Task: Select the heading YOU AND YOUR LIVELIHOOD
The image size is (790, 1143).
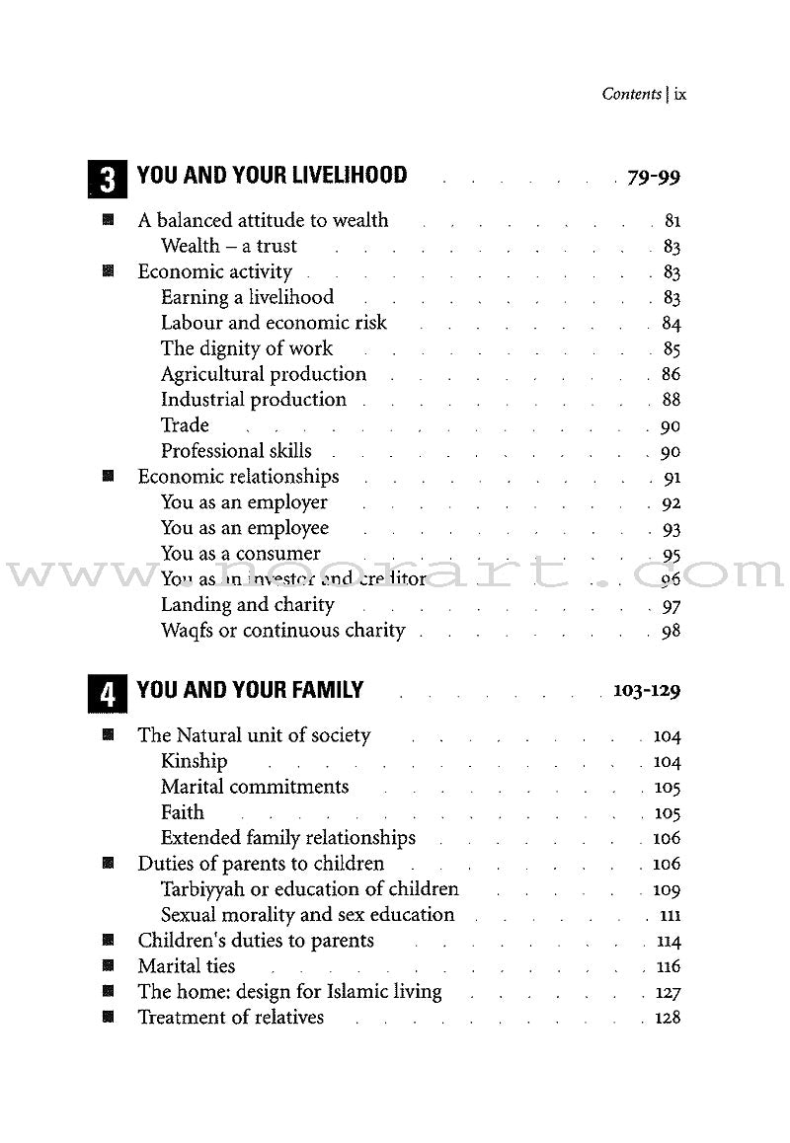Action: [272, 176]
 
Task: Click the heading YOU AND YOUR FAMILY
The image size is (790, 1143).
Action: [250, 690]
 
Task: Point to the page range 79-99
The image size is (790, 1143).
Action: [654, 178]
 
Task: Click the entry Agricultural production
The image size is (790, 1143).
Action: [264, 374]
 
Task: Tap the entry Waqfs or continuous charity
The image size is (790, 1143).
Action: [283, 631]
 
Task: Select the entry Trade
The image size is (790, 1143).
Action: [186, 425]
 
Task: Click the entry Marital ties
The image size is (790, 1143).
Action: [187, 966]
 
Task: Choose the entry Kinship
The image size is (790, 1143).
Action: [195, 761]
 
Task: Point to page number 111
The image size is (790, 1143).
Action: [670, 916]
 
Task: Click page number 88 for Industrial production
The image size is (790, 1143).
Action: [671, 401]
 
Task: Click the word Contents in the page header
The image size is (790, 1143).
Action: [631, 95]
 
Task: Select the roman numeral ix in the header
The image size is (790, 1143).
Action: [679, 95]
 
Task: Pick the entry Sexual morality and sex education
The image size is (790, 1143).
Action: [308, 915]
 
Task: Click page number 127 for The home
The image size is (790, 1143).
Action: [668, 993]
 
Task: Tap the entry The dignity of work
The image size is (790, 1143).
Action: [247, 348]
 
